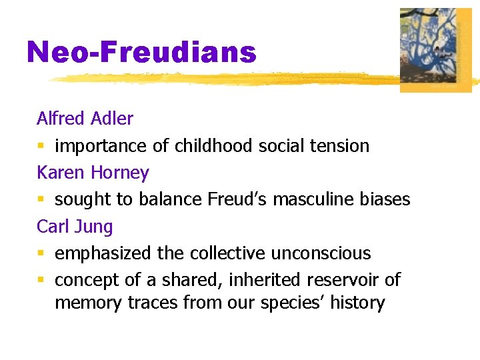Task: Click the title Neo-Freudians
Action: pyautogui.click(x=141, y=52)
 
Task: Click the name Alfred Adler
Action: pyautogui.click(x=85, y=119)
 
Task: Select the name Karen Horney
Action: pyautogui.click(x=93, y=173)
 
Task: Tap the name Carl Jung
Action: pyautogui.click(x=75, y=227)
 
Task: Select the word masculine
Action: pyautogui.click(x=306, y=199)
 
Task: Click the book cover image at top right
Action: pyautogui.click(x=435, y=50)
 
